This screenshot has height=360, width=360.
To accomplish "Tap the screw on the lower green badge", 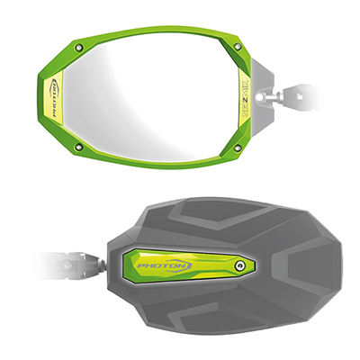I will [x=239, y=266].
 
